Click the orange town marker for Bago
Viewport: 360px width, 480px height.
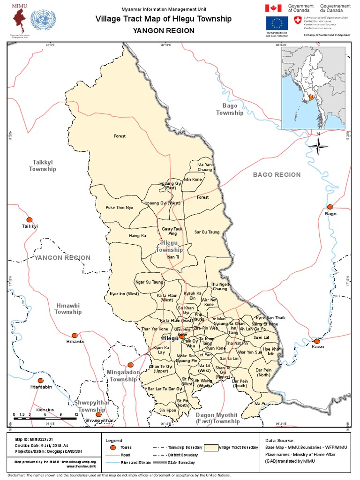(330, 207)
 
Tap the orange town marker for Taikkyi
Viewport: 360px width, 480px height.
(30, 219)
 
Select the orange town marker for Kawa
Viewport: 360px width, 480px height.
(317, 341)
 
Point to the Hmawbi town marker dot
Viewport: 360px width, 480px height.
(75, 335)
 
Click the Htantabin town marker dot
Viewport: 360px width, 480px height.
(41, 380)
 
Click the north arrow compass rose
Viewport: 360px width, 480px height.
(318, 147)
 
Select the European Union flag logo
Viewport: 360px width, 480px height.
(277, 23)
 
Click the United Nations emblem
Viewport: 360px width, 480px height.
(42, 20)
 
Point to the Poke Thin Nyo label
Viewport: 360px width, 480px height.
(119, 207)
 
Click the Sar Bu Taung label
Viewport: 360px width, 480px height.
(207, 232)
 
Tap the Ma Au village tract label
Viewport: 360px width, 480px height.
(261, 403)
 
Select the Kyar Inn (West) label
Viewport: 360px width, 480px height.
(124, 294)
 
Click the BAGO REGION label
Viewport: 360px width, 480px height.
(277, 174)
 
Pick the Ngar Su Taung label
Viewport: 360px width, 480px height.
(149, 282)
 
